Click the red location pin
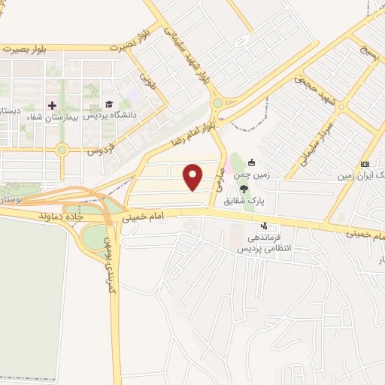(x=194, y=177)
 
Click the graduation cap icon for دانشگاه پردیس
(x=109, y=105)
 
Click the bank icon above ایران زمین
(x=365, y=164)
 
